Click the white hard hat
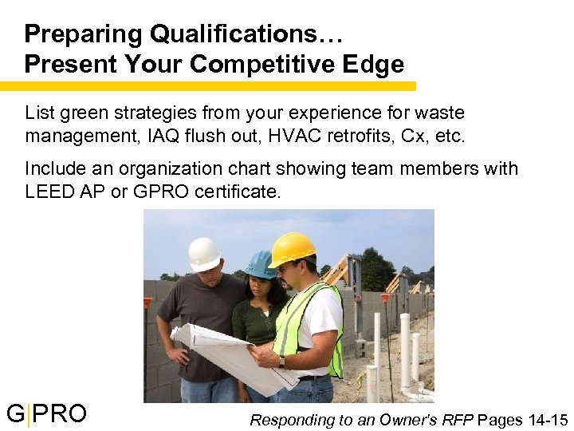pos(204,254)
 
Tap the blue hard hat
pos(261,264)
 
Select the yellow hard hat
pos(292,248)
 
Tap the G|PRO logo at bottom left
pos(46,413)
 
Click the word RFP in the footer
pos(457,420)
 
